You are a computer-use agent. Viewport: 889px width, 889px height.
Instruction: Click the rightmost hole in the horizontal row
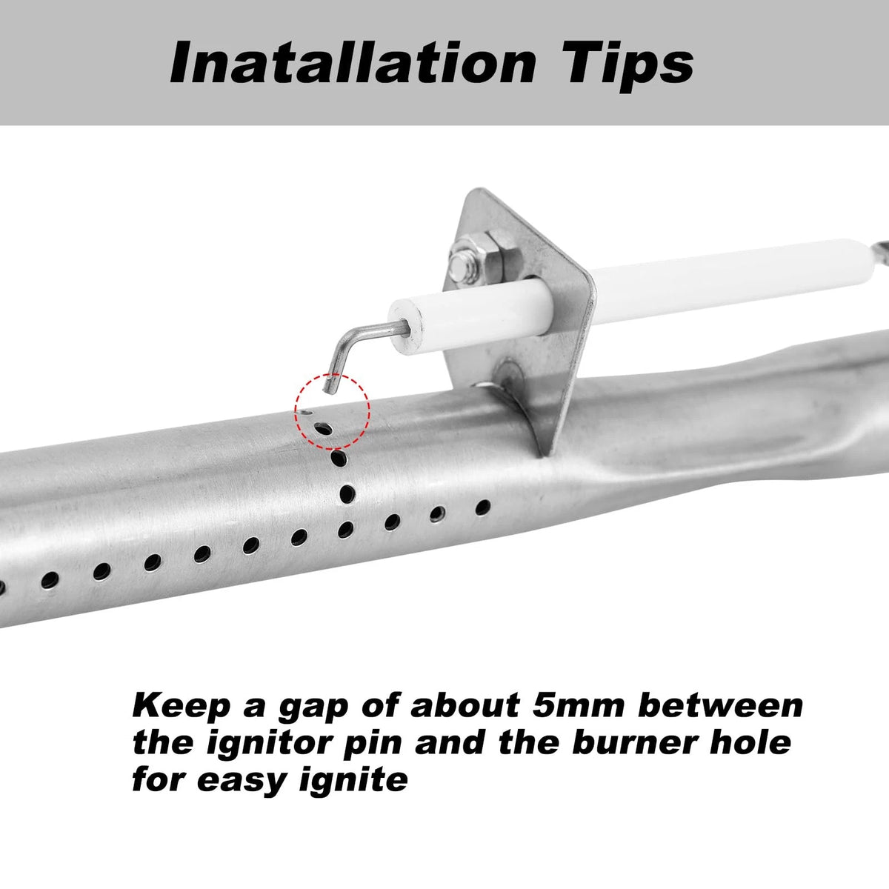point(482,507)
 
